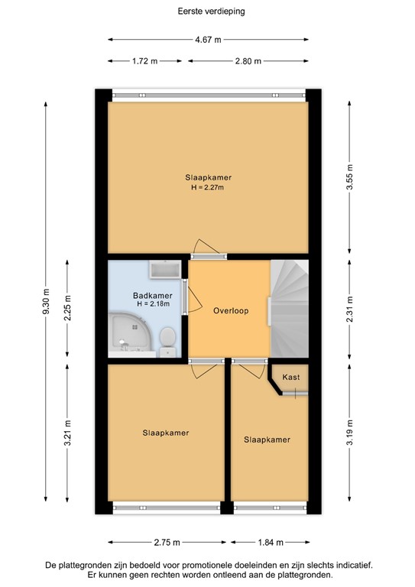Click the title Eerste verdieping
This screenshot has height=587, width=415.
(208, 11)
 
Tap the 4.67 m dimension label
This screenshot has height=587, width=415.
(208, 40)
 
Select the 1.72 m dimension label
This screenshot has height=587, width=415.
(144, 61)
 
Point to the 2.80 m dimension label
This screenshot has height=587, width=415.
(248, 61)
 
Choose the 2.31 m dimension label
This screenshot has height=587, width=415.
(349, 308)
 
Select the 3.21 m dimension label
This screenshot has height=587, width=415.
(67, 433)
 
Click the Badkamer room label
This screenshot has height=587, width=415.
(152, 295)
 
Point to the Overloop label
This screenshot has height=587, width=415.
(229, 310)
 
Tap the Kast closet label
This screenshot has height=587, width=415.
(290, 377)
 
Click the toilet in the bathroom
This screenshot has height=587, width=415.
(169, 338)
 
